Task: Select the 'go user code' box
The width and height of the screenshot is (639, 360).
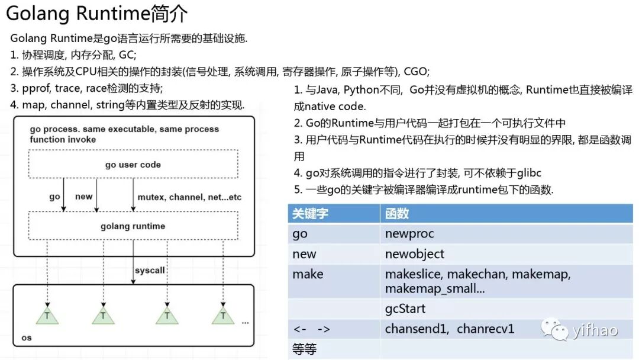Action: [133, 165]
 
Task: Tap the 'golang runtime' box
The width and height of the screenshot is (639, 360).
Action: [133, 226]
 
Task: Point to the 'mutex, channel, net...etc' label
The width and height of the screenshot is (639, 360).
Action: [189, 197]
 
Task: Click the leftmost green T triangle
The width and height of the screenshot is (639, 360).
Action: [47, 316]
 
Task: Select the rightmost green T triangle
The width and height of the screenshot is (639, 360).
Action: [223, 316]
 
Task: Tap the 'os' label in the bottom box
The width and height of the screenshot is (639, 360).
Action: [26, 337]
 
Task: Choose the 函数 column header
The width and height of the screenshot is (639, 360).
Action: [397, 214]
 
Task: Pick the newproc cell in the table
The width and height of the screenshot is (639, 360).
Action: [409, 234]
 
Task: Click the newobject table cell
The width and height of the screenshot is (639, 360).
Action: [414, 254]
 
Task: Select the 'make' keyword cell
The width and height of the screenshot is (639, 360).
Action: [308, 274]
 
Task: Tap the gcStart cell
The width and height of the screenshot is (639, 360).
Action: [405, 309]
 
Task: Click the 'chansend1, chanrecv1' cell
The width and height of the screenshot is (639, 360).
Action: [450, 329]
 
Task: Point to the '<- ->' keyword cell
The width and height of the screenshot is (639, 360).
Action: [311, 329]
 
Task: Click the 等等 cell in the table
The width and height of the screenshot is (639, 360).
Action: [305, 349]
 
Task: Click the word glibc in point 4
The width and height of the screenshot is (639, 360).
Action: [528, 173]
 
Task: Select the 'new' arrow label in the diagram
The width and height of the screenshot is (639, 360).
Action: [83, 197]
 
